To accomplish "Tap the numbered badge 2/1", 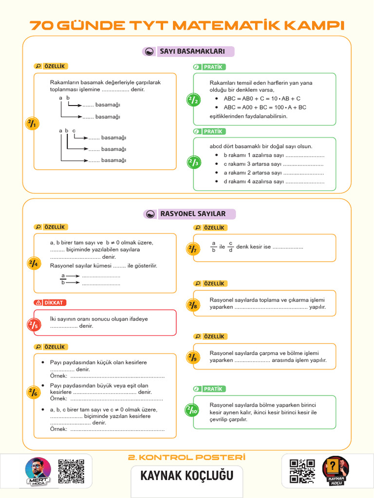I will pyautogui.click(x=32, y=124).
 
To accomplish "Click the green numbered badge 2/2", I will pyautogui.click(x=193, y=100).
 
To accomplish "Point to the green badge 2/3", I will pyautogui.click(x=193, y=162).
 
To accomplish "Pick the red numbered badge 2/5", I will pyautogui.click(x=33, y=325).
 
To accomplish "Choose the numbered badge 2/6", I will pyautogui.click(x=33, y=392).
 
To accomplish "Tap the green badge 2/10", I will pyautogui.click(x=192, y=410).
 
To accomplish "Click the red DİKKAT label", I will pyautogui.click(x=50, y=302).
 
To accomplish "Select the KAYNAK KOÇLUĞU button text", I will pyautogui.click(x=187, y=475).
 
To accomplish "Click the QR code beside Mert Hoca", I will pyautogui.click(x=71, y=471).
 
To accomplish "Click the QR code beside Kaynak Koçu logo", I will pyautogui.click(x=302, y=471).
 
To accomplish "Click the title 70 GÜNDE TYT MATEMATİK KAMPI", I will pyautogui.click(x=187, y=25).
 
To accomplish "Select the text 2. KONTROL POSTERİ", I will pyautogui.click(x=187, y=457).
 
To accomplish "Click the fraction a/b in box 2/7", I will pyautogui.click(x=213, y=247).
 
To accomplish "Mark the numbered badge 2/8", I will pyautogui.click(x=193, y=305).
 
